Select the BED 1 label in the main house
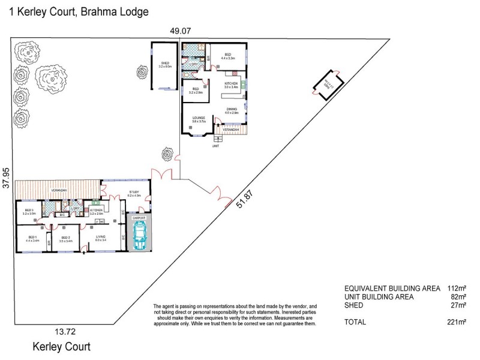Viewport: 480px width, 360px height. [32, 238]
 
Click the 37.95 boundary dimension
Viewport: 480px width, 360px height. [7, 178]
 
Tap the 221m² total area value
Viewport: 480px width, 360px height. [457, 322]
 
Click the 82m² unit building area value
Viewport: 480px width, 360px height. [459, 296]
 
